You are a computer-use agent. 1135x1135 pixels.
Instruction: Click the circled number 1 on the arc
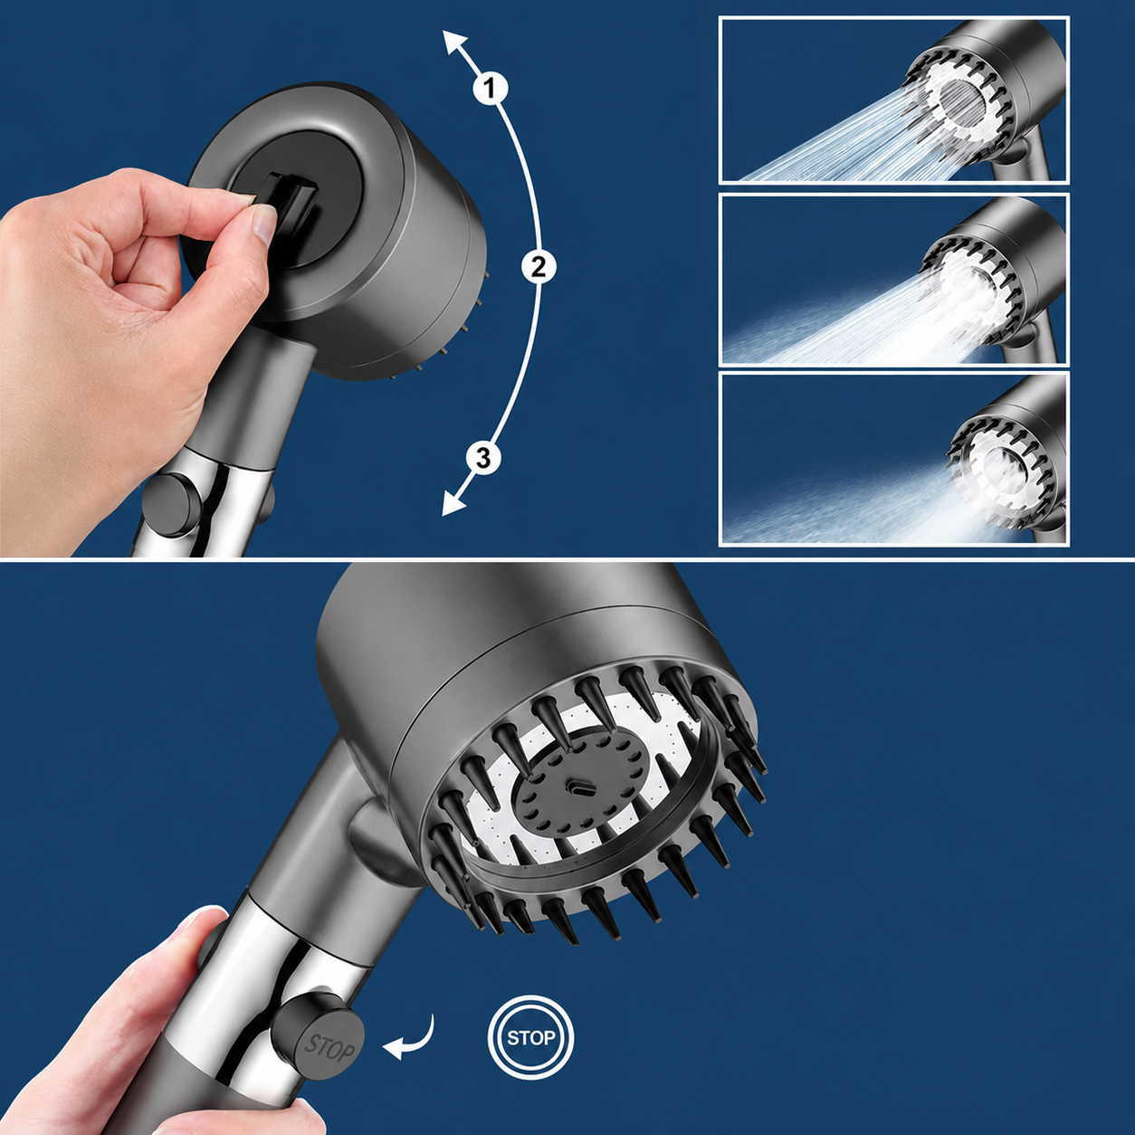tap(489, 89)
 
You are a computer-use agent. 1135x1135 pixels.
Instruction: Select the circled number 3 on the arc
tap(483, 458)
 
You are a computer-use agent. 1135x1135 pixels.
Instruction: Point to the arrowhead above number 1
tap(454, 43)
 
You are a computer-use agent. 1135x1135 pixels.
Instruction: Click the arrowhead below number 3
tap(453, 503)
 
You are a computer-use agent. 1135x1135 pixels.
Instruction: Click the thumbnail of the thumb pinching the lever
tap(264, 224)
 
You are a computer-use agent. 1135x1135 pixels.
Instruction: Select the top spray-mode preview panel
tap(893, 100)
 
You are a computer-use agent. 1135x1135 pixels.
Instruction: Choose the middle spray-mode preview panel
tap(893, 279)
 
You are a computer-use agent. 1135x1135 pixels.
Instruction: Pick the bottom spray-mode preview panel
tap(893, 460)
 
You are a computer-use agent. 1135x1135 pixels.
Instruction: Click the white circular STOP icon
tap(530, 1037)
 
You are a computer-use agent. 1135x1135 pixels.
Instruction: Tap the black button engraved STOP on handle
tap(318, 1037)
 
